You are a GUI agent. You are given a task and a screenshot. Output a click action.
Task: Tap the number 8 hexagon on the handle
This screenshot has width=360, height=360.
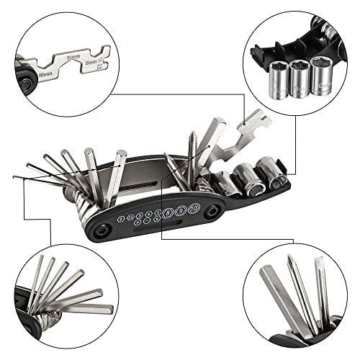pos(168,213)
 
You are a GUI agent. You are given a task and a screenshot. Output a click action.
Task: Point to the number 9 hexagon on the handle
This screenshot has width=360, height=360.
pos(181,212)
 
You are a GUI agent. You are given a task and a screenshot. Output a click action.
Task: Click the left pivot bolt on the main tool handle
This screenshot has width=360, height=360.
pos(106,229)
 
